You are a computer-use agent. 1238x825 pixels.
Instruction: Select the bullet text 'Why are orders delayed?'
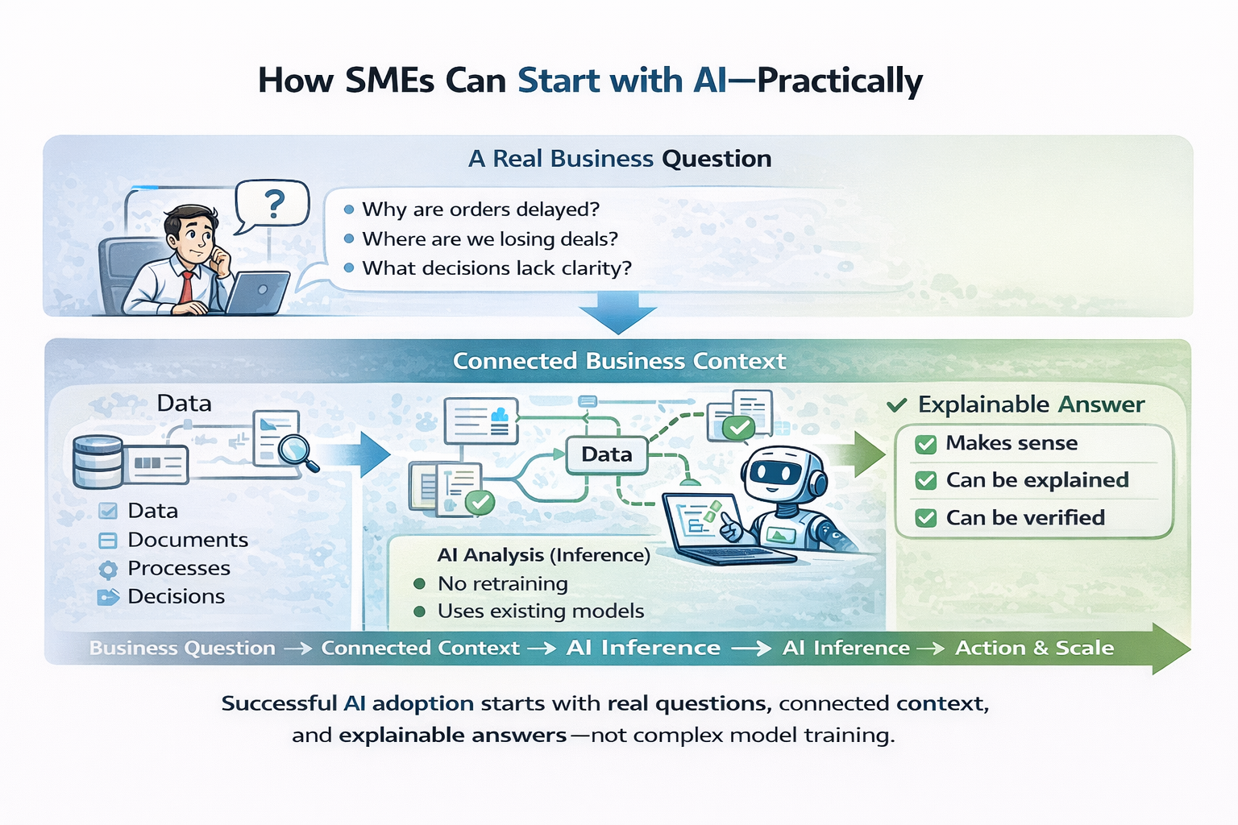point(480,209)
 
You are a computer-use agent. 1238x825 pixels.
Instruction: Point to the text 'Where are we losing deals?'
point(490,239)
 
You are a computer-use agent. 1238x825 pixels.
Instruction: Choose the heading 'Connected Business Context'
point(619,361)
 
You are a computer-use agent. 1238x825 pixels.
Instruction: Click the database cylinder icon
point(98,462)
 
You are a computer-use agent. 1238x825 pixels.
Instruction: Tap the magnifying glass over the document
point(297,450)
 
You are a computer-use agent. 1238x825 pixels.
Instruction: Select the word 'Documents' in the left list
point(188,540)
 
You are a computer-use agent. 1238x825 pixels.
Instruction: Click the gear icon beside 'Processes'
point(108,570)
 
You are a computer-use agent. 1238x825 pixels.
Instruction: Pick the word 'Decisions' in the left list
point(176,597)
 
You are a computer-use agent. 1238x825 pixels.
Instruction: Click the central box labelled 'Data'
point(607,454)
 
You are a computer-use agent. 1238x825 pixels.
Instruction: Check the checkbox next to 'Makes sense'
point(926,444)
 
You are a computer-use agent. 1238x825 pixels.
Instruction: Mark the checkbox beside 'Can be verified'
point(926,518)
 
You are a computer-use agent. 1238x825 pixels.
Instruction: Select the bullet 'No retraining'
point(502,584)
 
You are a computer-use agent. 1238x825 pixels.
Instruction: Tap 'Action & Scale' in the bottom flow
point(1034,648)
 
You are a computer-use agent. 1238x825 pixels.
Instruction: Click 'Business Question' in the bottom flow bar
point(182,648)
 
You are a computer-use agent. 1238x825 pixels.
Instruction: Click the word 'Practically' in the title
point(840,81)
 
